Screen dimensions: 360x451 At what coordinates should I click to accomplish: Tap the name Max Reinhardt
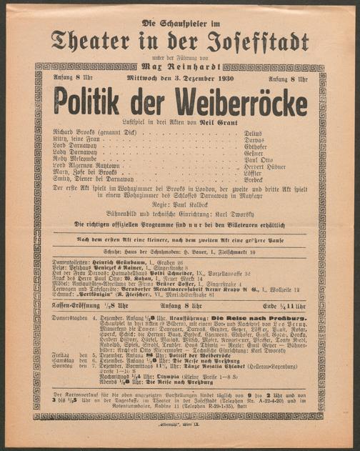coord(181,66)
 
